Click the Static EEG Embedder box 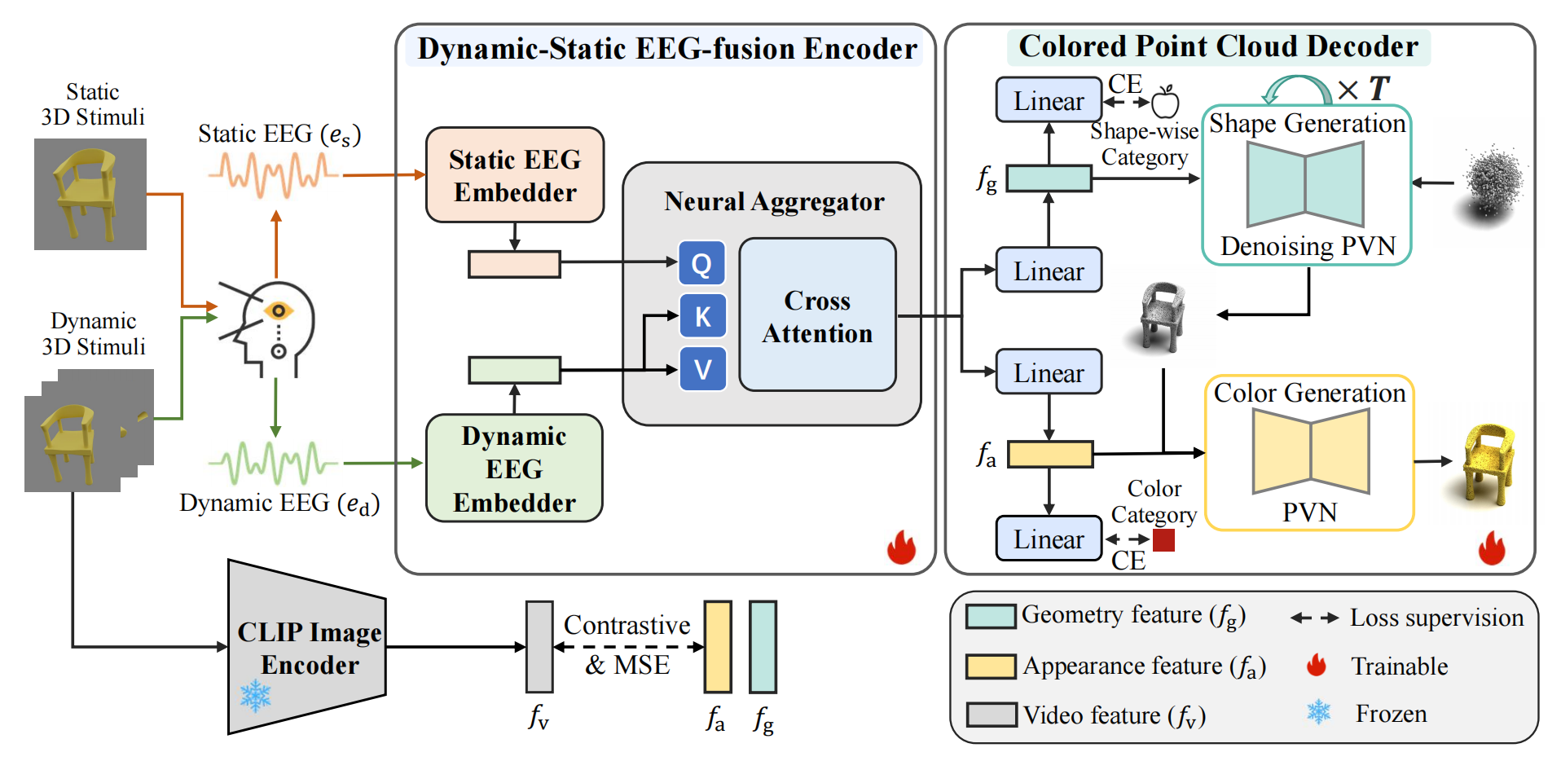tap(515, 174)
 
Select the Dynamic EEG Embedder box tap(514, 468)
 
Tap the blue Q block tap(701, 263)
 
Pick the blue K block tap(702, 316)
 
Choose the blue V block tap(702, 369)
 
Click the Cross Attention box tap(817, 315)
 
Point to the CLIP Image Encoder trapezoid tap(307, 647)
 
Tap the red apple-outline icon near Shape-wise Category tap(1166, 102)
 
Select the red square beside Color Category tap(1163, 540)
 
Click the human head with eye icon tap(267, 328)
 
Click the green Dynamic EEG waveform tap(273, 463)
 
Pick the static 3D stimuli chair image tap(90, 194)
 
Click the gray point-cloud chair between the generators tap(1161, 318)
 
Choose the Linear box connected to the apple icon tap(1049, 100)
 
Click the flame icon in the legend tap(1317, 666)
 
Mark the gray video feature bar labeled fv tap(539, 647)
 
